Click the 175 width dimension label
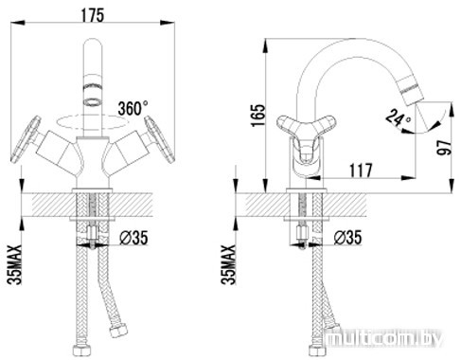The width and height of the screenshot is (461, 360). point(92,15)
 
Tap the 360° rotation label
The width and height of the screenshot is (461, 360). point(133,108)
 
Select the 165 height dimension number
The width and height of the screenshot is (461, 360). point(258,115)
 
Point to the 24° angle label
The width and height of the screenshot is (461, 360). point(398,117)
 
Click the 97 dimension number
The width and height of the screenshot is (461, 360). point(444,148)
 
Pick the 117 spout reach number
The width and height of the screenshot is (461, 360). point(361,171)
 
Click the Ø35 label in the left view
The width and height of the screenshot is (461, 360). point(133,238)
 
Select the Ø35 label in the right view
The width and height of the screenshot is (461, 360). point(347,238)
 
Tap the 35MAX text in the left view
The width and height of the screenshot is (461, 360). point(15,264)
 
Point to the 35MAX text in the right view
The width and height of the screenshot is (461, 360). point(229,264)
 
